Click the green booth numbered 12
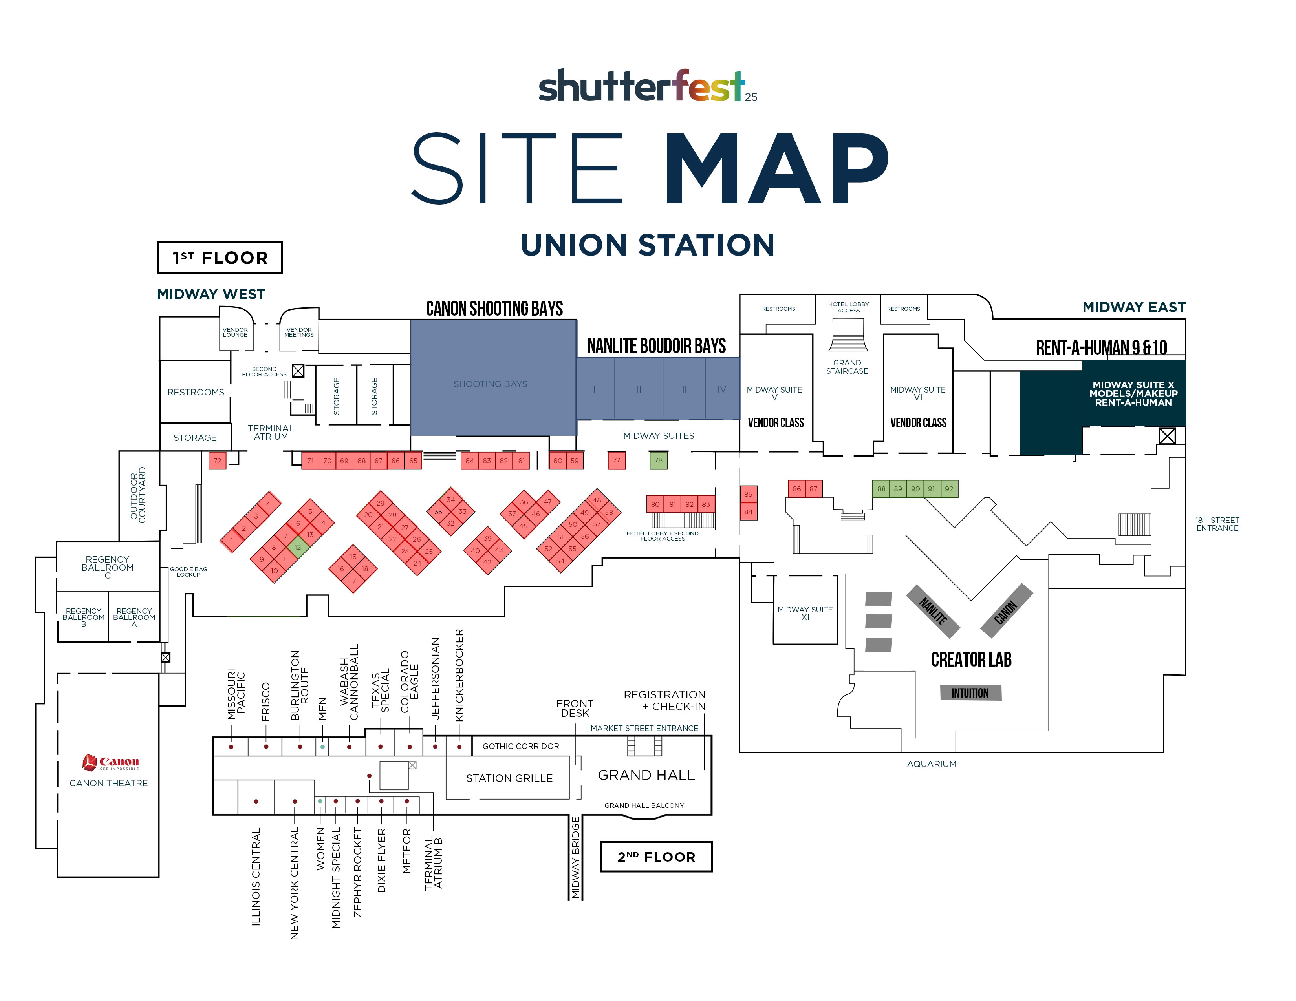coord(298,547)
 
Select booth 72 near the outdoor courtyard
coord(217,461)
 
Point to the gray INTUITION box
coord(970,692)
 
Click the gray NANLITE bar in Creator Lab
coord(933,611)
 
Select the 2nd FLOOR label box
coord(656,856)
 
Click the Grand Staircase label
coord(847,367)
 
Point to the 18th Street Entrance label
coord(1217,524)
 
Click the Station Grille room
coord(509,778)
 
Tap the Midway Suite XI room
coord(805,610)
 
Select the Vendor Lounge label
coord(235,332)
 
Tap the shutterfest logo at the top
coord(647,86)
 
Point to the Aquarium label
coord(931,764)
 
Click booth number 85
coord(748,494)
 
